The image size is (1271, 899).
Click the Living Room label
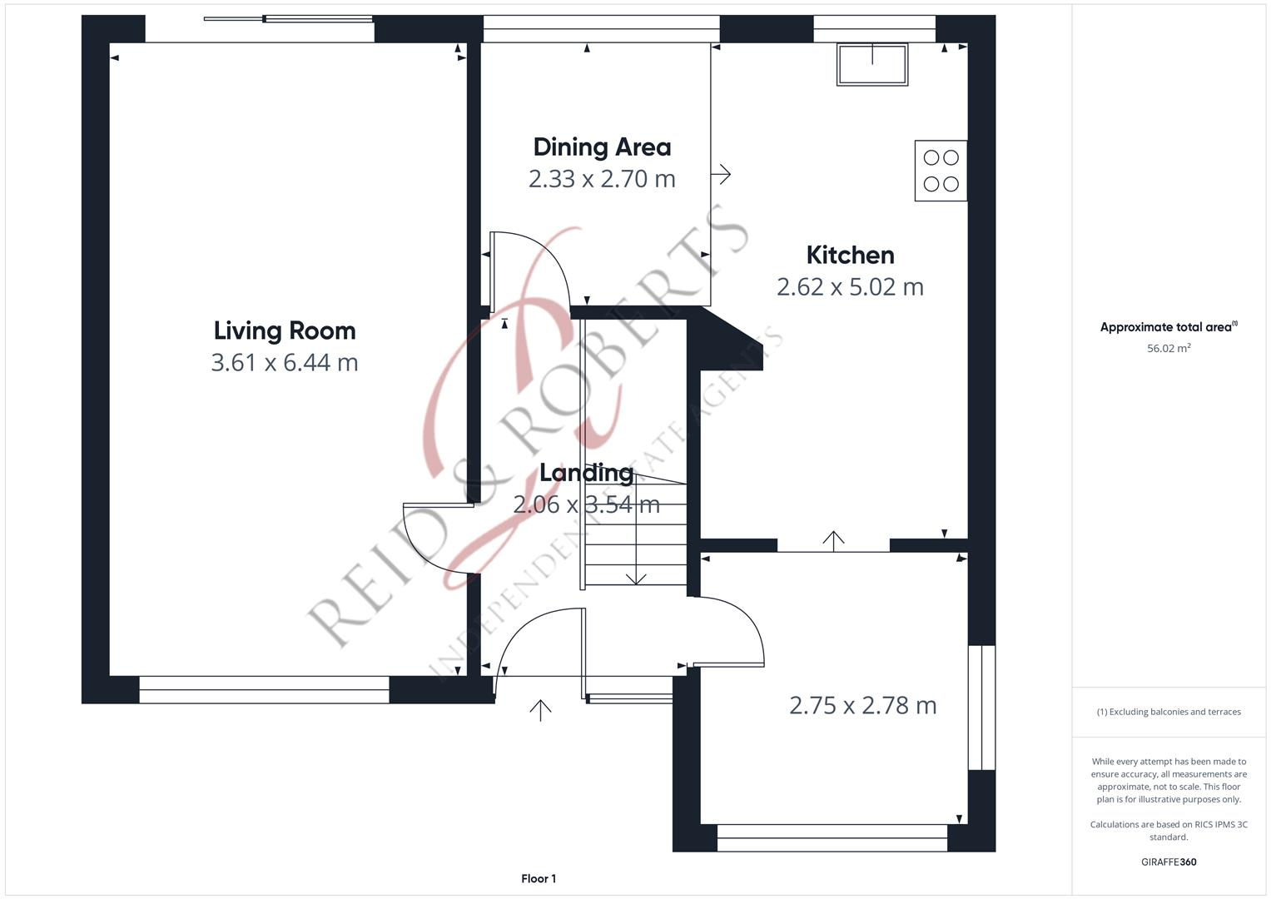[285, 330]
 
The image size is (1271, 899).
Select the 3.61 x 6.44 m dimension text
[285, 363]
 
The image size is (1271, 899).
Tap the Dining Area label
[602, 147]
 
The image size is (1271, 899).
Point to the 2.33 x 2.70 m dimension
[602, 179]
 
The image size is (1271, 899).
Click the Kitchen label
[850, 255]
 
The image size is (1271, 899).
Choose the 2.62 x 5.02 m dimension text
[850, 287]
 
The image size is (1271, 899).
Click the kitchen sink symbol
[872, 65]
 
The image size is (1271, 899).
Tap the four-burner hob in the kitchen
[941, 171]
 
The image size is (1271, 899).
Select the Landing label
[586, 473]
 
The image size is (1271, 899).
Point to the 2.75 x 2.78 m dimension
[862, 706]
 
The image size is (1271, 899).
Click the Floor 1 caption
[539, 878]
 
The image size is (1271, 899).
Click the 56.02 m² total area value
[1169, 349]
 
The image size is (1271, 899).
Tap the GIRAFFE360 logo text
[1169, 862]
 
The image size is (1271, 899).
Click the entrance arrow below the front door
[540, 709]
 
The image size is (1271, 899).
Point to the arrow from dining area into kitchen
[721, 174]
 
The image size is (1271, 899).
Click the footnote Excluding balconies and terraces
[1169, 712]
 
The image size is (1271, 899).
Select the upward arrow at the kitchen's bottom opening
[833, 540]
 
